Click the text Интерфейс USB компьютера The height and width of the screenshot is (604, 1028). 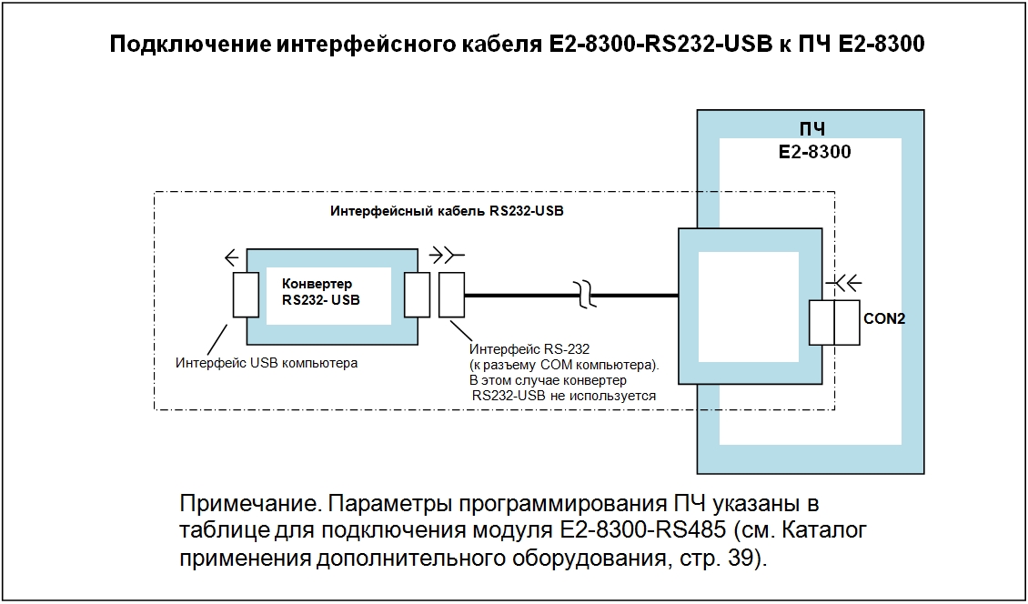point(266,363)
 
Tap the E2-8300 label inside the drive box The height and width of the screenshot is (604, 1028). point(815,152)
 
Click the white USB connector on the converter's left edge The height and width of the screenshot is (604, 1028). point(247,294)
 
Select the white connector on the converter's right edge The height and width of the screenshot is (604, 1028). point(418,294)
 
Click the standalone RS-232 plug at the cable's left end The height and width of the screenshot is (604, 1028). point(451,294)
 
